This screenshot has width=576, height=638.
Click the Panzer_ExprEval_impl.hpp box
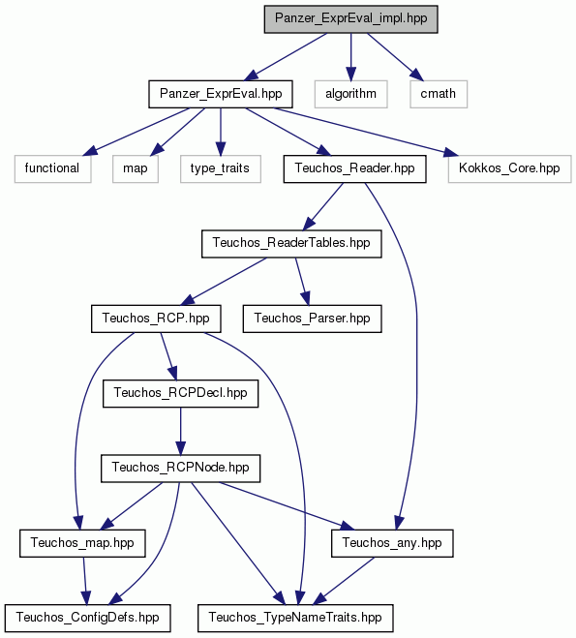pos(350,19)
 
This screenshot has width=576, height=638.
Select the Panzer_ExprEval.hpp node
pos(221,94)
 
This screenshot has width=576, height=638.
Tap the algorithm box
pos(350,94)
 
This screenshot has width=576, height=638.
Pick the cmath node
pos(439,94)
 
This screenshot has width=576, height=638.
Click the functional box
pos(52,168)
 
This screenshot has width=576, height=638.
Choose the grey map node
pos(136,168)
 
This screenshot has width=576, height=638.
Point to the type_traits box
pos(221,168)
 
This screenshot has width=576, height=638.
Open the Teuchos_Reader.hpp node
pos(354,168)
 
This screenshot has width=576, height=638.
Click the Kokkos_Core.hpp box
pos(510,168)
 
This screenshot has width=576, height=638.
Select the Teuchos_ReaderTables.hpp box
pos(291,243)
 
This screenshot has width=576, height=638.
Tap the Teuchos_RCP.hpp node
pos(156,319)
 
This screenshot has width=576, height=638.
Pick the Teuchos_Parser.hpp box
pos(313,319)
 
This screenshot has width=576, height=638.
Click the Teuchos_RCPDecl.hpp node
pos(181,393)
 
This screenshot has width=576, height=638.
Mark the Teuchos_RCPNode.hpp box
pos(181,469)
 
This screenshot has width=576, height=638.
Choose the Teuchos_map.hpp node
pos(82,543)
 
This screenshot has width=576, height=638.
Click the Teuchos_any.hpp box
pos(392,543)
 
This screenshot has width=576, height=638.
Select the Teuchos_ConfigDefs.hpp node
pos(87,618)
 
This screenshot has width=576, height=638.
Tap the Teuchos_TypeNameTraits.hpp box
pos(295,618)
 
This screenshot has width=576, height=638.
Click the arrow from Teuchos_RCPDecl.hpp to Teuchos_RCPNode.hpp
pos(181,431)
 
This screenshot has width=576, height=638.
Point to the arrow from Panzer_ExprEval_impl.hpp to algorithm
pos(350,57)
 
